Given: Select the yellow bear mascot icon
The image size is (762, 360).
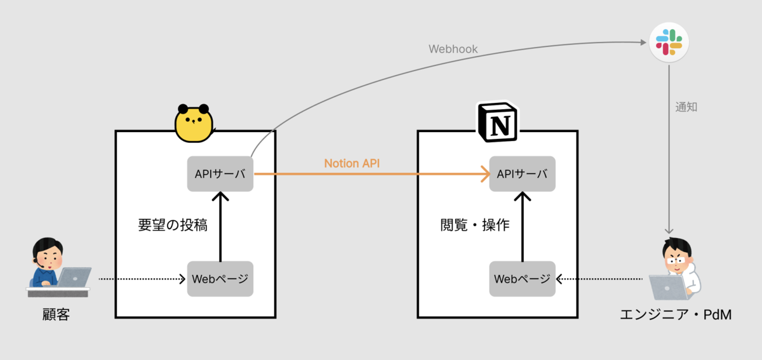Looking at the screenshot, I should pyautogui.click(x=193, y=123).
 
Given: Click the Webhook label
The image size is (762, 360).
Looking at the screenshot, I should pyautogui.click(x=453, y=49).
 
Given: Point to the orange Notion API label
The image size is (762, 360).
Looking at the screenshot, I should pyautogui.click(x=352, y=163).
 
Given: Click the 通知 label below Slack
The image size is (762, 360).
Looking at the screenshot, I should pyautogui.click(x=686, y=107).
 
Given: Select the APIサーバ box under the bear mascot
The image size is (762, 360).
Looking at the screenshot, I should pyautogui.click(x=220, y=174).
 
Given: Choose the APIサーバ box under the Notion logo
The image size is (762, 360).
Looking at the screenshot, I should pyautogui.click(x=522, y=174).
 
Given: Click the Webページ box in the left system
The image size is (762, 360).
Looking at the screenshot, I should pyautogui.click(x=220, y=279).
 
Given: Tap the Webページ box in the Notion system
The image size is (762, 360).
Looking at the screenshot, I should pyautogui.click(x=522, y=279).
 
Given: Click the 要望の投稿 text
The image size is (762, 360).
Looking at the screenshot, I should pyautogui.click(x=173, y=225).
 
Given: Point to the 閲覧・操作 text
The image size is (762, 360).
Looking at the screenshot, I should pyautogui.click(x=475, y=225).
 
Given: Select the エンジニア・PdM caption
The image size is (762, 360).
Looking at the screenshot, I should pyautogui.click(x=676, y=314).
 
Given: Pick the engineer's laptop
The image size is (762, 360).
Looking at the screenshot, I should pyautogui.click(x=668, y=288).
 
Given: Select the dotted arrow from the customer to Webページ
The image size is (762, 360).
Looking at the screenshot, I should pyautogui.click(x=140, y=279).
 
